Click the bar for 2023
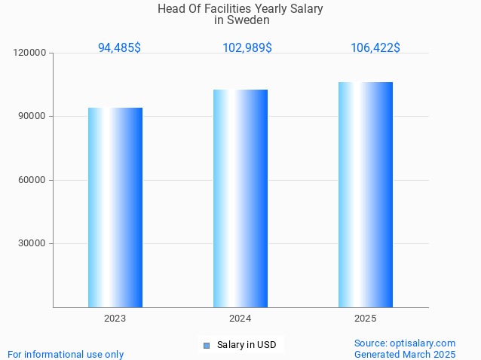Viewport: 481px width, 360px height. [x=115, y=207]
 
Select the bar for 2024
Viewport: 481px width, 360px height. [x=240, y=198]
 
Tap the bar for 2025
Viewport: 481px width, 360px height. [x=366, y=194]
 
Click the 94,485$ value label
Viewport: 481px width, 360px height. [x=119, y=47]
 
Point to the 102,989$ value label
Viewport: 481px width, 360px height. [x=247, y=47]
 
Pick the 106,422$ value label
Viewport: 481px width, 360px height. [x=375, y=47]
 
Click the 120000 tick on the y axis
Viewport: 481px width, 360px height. [x=30, y=53]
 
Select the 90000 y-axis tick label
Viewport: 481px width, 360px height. [x=32, y=117]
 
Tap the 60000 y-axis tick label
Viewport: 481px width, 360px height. [x=32, y=180]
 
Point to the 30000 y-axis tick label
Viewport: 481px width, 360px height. [x=32, y=243]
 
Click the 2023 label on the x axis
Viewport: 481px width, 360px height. [x=115, y=319]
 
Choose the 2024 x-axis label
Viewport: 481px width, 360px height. [x=240, y=319]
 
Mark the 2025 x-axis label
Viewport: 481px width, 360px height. [x=366, y=319]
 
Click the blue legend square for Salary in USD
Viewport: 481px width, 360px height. [x=207, y=346]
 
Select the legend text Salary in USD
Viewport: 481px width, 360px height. [x=247, y=345]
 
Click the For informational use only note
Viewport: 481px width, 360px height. [x=66, y=354]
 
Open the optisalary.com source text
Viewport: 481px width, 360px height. [x=405, y=343]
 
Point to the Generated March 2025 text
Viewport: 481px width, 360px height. [x=405, y=354]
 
